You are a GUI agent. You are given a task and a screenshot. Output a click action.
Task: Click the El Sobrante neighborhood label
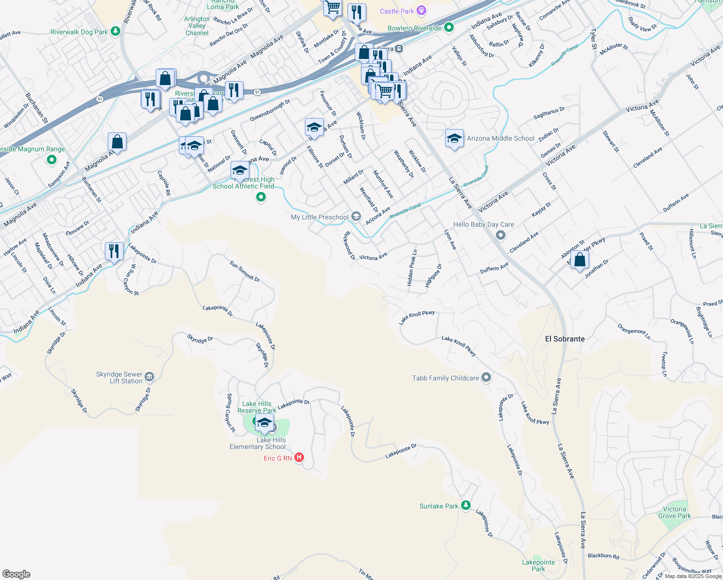click(564, 339)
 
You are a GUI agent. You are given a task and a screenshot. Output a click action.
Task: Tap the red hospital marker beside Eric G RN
click(299, 457)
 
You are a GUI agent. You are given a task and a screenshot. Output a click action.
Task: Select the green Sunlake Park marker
click(465, 505)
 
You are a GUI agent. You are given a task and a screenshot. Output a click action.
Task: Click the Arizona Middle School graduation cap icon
click(454, 139)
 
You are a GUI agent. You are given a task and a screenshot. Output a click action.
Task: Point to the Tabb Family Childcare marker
click(486, 377)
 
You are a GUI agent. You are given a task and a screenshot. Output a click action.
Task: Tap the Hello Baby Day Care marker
click(501, 235)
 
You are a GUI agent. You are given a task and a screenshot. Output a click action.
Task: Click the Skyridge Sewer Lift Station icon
click(149, 377)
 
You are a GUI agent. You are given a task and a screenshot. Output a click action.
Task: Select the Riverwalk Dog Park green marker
click(115, 31)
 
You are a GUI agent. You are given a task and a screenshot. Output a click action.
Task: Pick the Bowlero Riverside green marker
click(448, 28)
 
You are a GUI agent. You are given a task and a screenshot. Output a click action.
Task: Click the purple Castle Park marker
click(421, 11)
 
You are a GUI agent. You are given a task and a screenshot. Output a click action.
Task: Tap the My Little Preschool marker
click(356, 217)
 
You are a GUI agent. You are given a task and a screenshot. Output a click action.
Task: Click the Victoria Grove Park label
click(674, 512)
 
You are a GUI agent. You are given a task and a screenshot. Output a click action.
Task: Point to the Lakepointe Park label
click(538, 565)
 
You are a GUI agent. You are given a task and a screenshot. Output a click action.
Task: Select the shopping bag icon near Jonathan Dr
click(579, 261)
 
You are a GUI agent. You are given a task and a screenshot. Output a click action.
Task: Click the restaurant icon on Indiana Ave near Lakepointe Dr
click(114, 251)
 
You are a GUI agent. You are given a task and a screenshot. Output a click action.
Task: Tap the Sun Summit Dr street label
click(245, 272)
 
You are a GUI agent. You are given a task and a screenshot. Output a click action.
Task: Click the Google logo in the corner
click(16, 574)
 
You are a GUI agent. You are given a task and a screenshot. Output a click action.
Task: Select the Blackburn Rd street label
click(603, 556)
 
